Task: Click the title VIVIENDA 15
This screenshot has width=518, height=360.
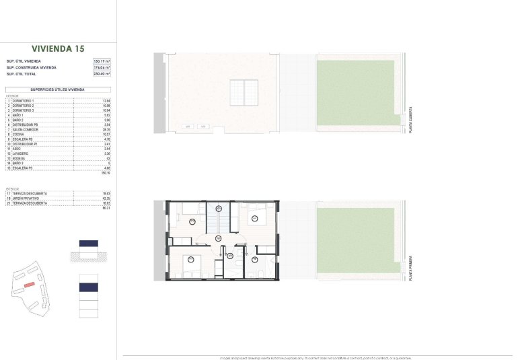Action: pos(58,48)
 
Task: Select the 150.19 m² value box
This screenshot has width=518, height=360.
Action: pos(102,61)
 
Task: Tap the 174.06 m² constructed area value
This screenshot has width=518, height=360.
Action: pos(102,67)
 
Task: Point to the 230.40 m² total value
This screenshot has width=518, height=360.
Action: pos(102,73)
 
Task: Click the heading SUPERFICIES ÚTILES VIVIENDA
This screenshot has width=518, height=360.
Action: pos(57,89)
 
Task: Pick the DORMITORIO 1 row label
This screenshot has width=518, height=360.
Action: pos(23,101)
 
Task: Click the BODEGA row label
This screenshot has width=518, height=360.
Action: pos(20,158)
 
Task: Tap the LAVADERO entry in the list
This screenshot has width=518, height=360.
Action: pos(22,153)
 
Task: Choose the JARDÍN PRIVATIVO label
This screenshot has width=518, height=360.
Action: pos(26,199)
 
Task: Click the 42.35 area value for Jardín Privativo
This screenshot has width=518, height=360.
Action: pos(106,199)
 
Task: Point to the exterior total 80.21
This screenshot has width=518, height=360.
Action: pos(106,207)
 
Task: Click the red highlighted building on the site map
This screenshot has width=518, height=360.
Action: pos(29,285)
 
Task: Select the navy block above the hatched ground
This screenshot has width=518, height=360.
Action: pos(89,244)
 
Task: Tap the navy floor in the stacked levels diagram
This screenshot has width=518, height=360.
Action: pos(89,287)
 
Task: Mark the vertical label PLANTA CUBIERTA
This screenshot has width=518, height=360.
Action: pos(410,121)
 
